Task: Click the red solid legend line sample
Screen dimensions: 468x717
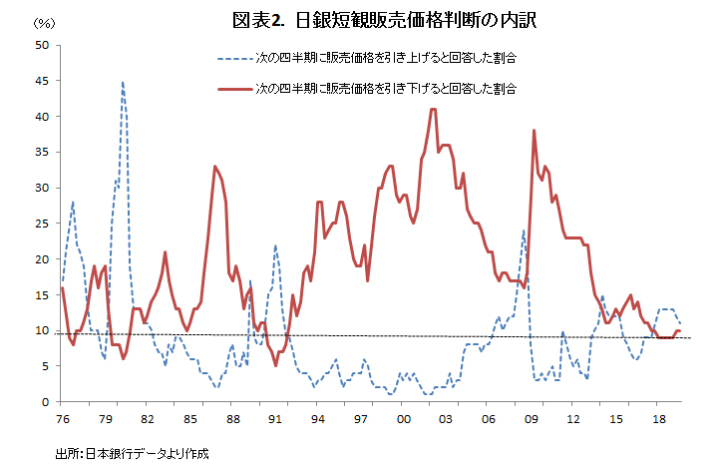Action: pyautogui.click(x=228, y=89)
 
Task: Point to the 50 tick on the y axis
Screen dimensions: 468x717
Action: pyautogui.click(x=41, y=45)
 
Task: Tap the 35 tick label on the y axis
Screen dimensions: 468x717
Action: pyautogui.click(x=41, y=153)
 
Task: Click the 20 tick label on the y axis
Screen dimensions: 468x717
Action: pyautogui.click(x=41, y=259)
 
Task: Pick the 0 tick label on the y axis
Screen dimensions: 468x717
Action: pyautogui.click(x=44, y=402)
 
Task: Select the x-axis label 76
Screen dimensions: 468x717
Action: pyautogui.click(x=62, y=419)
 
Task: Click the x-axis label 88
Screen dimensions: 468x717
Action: pyautogui.click(x=232, y=419)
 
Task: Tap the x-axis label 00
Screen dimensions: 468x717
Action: pyautogui.click(x=403, y=419)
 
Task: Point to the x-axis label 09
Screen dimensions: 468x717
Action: pyautogui.click(x=531, y=419)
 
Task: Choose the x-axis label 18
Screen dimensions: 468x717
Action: pyautogui.click(x=658, y=419)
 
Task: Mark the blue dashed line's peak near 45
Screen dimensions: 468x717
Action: pyautogui.click(x=123, y=82)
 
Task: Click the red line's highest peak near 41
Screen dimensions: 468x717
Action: pyautogui.click(x=433, y=109)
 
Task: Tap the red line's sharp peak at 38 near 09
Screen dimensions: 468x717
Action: pyautogui.click(x=535, y=131)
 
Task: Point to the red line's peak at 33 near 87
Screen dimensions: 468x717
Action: pyautogui.click(x=214, y=167)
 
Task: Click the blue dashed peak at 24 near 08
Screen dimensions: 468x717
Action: pyautogui.click(x=524, y=232)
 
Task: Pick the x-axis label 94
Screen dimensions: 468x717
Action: pyautogui.click(x=318, y=419)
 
